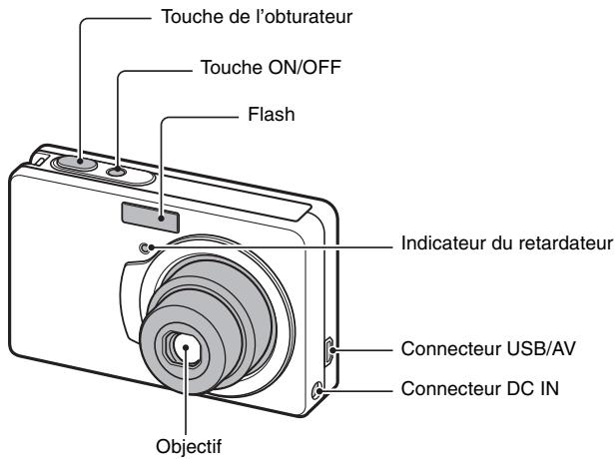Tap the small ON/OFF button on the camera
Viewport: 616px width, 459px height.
click(x=118, y=172)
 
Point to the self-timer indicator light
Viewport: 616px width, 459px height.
click(x=147, y=248)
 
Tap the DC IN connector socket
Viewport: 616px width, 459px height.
click(x=320, y=391)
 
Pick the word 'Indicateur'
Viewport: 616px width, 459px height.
click(x=444, y=243)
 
